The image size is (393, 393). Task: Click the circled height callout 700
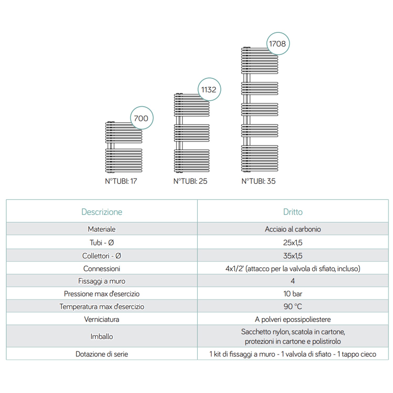point(141,118)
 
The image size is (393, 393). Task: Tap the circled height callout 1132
point(209,90)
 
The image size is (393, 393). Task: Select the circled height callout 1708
point(277,43)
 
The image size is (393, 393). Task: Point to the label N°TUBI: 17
point(121,181)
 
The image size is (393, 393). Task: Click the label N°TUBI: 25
point(190,181)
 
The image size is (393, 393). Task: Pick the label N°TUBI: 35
point(258,181)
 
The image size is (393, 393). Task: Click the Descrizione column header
point(102,212)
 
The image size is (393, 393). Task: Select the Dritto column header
point(293,212)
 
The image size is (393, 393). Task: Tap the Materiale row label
point(102,229)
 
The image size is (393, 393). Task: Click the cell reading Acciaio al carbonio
point(293,229)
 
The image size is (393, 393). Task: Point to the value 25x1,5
point(293,242)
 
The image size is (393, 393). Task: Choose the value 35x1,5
point(293,255)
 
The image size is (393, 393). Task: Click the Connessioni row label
point(102,269)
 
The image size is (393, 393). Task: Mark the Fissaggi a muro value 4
point(293,281)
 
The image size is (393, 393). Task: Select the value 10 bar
point(293,294)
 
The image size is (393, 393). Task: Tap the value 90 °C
point(293,306)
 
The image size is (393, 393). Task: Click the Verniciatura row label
point(102,319)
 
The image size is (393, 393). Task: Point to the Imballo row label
point(102,336)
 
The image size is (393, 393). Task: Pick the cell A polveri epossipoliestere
point(293,319)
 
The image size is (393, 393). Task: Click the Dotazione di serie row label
point(102,354)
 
